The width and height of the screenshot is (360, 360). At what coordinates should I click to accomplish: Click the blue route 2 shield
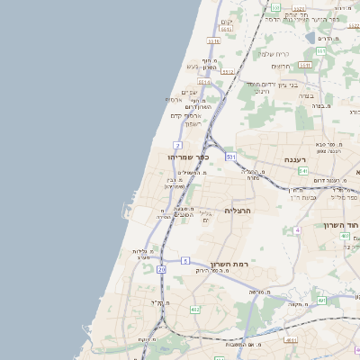178,145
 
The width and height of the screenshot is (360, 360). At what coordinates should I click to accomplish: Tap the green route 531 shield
231,157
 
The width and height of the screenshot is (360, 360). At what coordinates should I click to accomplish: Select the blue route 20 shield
161,269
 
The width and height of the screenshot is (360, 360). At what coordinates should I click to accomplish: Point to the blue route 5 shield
185,260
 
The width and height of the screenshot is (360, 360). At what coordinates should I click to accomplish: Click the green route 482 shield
195,310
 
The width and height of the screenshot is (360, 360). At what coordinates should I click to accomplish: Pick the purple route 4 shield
297,230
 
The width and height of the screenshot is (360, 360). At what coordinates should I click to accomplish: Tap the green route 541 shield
303,170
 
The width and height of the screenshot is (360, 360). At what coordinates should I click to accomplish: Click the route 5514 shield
204,82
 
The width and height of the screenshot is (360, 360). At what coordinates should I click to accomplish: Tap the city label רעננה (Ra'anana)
298,159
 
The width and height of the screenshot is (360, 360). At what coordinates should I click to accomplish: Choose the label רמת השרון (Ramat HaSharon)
229,265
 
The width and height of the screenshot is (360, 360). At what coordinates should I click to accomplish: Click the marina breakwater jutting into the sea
122,212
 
